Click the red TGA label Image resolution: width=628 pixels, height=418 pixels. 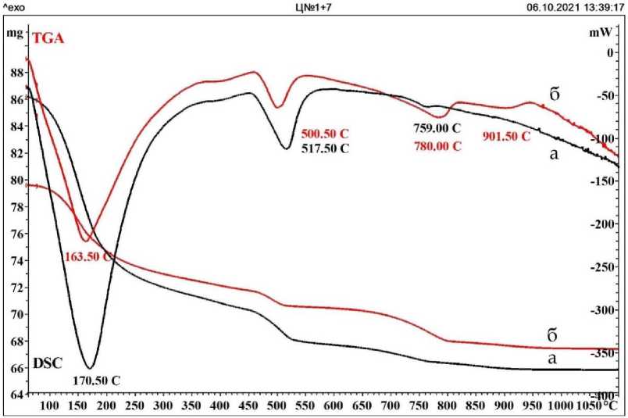click(x=46, y=35)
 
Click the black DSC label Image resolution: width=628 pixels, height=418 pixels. click(x=47, y=364)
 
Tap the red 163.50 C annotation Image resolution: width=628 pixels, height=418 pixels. click(x=88, y=256)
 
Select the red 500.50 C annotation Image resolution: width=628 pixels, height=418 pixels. click(x=324, y=134)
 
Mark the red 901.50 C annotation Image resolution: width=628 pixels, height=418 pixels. click(x=506, y=136)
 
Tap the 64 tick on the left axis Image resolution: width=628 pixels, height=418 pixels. click(x=16, y=395)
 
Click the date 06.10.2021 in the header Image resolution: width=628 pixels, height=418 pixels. click(x=550, y=7)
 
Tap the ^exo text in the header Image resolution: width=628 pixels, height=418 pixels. click(x=15, y=7)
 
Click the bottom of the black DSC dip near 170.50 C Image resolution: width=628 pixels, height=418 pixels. click(x=89, y=367)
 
